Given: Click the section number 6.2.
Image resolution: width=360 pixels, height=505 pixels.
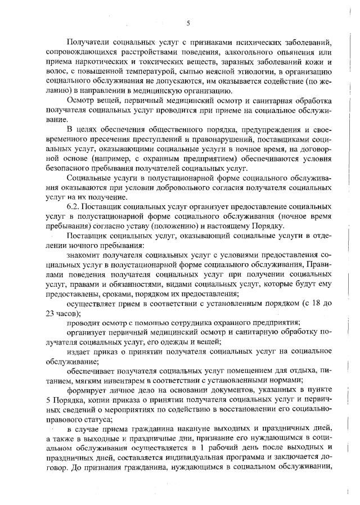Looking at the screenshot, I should pyautogui.click(x=73, y=209).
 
